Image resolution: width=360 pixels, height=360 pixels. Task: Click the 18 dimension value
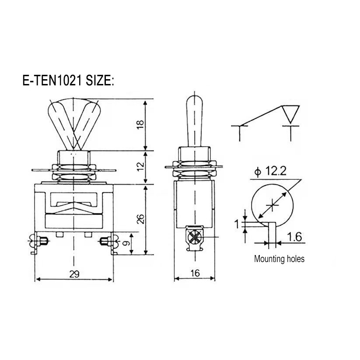pos(140,125)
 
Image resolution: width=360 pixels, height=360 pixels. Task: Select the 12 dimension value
pos(140,165)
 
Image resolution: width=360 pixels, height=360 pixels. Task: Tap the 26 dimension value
pos(140,219)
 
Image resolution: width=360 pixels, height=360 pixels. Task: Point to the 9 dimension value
pos(126,243)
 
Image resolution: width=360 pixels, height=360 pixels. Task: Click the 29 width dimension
pos(74,274)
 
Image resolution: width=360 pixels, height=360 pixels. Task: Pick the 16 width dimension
pos(195,273)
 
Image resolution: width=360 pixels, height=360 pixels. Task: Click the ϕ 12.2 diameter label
pos(270,171)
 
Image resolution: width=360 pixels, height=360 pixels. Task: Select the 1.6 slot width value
pos(294,237)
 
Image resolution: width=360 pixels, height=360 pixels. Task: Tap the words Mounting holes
pos(279,259)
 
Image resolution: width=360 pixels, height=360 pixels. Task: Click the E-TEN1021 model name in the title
pos(52,80)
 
